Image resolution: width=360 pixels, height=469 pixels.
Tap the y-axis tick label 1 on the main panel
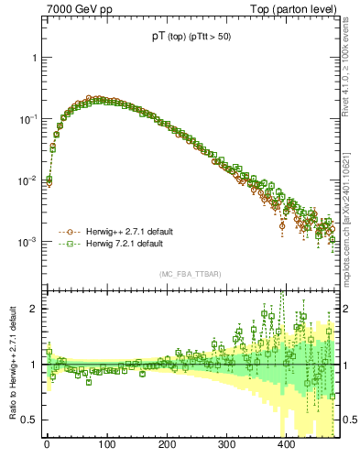click(x=36, y=58)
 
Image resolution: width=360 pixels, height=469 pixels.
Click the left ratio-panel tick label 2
click(x=36, y=309)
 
